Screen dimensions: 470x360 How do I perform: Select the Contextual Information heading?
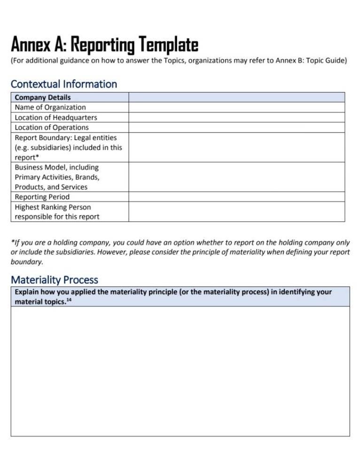click(x=64, y=84)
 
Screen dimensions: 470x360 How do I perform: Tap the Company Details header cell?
click(x=43, y=97)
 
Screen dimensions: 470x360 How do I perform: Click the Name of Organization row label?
click(x=50, y=107)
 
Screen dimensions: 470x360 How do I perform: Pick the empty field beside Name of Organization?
click(x=236, y=107)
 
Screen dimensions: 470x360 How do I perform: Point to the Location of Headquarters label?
click(x=56, y=117)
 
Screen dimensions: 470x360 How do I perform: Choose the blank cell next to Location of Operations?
click(x=236, y=127)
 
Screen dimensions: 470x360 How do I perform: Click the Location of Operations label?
click(x=52, y=127)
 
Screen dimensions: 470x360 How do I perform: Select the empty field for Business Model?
click(x=236, y=177)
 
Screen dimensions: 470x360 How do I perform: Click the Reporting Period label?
click(x=42, y=197)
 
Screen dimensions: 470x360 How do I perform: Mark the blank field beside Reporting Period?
click(x=236, y=197)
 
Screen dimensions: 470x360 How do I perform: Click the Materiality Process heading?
click(x=55, y=280)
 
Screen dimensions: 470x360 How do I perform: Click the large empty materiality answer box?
click(x=180, y=371)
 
